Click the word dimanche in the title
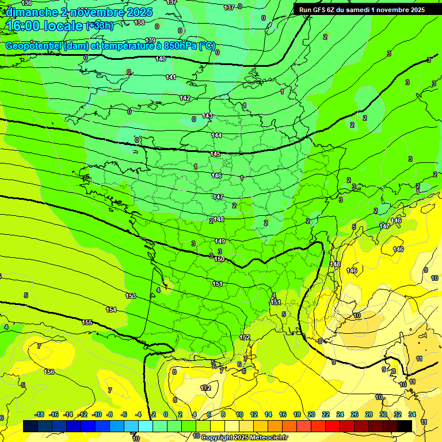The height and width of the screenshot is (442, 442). coord(32,12)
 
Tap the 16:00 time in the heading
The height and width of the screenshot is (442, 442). coord(24,26)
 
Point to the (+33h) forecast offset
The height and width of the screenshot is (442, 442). coord(100,26)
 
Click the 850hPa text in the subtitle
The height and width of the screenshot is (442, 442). coord(173,46)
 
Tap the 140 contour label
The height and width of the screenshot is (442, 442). coord(161,59)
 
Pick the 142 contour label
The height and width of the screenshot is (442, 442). coord(185,98)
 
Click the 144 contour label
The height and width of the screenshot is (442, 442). coord(216,136)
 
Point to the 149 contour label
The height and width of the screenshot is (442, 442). coord(220,242)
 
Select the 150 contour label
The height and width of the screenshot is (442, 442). coord(219,260)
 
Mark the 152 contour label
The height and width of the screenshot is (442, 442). coord(245,338)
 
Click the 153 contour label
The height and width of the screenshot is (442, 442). coord(131,296)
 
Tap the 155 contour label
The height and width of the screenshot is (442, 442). coord(87,323)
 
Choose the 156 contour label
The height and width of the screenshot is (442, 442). coord(49,372)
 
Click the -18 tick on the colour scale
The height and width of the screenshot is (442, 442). coord(39,414)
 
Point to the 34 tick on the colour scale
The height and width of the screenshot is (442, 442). coord(412,414)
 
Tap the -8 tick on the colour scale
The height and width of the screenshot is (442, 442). coord(109,414)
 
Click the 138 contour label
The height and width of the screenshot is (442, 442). coord(139,22)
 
